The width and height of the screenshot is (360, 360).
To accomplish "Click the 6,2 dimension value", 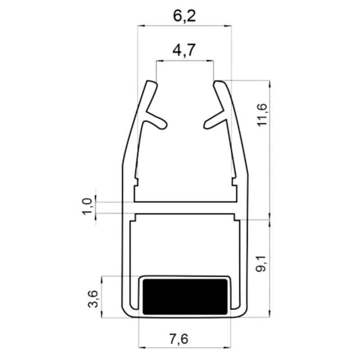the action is click(x=184, y=16).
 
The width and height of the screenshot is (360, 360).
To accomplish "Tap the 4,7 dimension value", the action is click(x=184, y=50).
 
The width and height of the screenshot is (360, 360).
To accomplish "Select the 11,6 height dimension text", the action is click(x=262, y=115).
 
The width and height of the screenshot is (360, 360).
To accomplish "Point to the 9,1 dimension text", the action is click(x=261, y=264).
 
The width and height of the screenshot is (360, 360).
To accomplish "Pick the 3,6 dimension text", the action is click(x=93, y=299).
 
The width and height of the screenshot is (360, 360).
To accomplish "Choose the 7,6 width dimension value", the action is click(x=179, y=339).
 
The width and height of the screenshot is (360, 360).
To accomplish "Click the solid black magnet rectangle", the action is click(x=185, y=297).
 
